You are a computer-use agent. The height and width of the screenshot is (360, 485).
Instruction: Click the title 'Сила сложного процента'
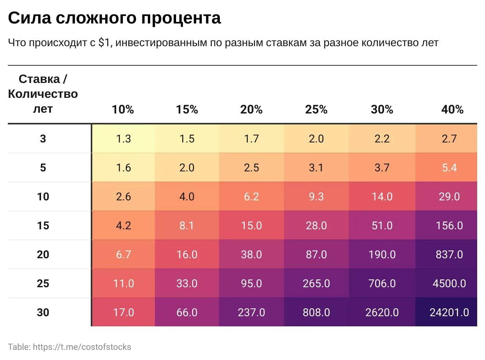click(114, 18)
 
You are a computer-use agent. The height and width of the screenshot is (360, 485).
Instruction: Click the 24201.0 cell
click(449, 312)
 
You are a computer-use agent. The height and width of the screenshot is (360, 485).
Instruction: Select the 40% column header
click(452, 110)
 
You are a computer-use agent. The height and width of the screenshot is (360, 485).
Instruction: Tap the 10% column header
click(123, 110)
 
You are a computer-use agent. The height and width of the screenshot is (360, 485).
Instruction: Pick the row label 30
click(43, 312)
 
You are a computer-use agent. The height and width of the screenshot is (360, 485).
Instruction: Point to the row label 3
click(43, 139)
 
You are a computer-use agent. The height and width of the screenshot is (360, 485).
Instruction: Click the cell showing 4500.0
click(449, 283)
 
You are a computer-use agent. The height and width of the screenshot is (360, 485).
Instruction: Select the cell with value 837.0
click(449, 254)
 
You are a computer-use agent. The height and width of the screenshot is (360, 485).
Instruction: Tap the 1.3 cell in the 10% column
click(124, 139)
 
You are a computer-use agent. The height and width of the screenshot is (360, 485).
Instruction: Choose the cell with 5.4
click(449, 167)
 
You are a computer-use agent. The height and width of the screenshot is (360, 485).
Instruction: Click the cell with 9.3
click(316, 196)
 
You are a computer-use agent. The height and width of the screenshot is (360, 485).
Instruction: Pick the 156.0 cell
click(449, 225)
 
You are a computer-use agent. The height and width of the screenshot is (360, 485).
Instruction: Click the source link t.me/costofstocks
click(82, 347)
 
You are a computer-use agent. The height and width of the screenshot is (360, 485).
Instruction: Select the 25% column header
click(316, 110)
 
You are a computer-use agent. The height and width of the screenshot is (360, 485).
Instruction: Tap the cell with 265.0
click(316, 283)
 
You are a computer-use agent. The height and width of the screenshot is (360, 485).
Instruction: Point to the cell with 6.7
click(124, 254)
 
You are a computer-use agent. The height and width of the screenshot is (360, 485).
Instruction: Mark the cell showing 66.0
click(187, 312)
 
